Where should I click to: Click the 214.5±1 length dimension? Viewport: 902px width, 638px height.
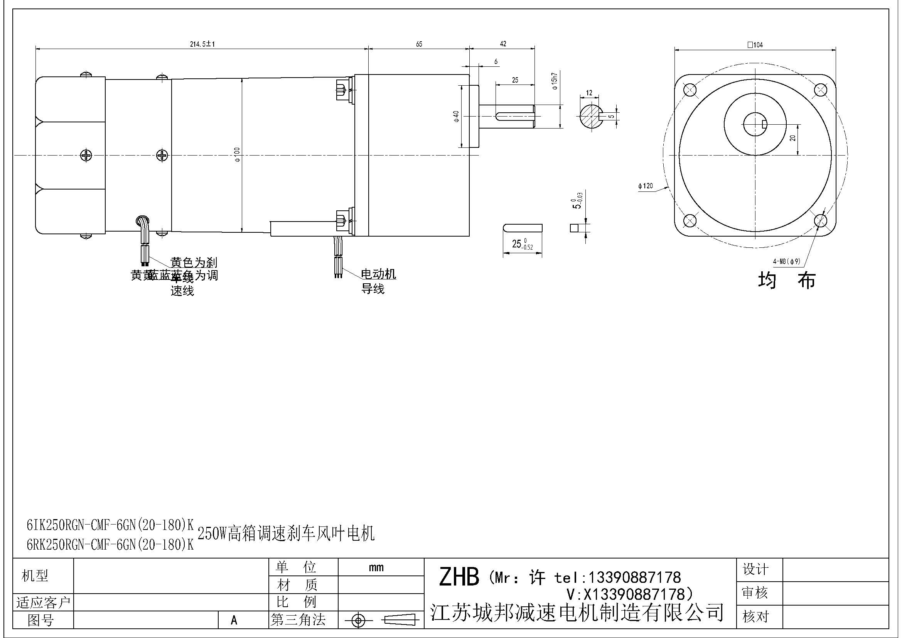point(202,44)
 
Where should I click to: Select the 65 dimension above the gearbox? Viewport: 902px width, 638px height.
point(419,44)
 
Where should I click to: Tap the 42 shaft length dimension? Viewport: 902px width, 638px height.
point(503,44)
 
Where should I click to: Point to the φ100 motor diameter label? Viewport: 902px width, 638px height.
point(237,154)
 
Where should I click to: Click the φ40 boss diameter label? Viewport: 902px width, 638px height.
point(456,116)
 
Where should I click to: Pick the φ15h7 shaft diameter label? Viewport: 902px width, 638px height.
point(555,81)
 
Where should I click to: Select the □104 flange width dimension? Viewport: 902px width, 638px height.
point(755,45)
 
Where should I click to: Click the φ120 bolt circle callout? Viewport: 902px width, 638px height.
point(646,186)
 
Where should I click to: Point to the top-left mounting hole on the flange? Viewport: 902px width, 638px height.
point(690,90)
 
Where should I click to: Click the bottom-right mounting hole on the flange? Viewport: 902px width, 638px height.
point(820,221)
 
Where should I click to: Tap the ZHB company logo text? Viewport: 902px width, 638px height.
point(459,577)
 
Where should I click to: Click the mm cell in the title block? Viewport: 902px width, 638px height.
point(376,567)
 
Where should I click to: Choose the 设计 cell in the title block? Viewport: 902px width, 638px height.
point(755,569)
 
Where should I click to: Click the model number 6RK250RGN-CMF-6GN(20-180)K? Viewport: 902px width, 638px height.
point(110,545)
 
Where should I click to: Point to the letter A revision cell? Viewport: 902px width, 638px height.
point(234,620)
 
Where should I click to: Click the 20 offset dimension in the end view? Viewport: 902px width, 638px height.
point(792,137)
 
